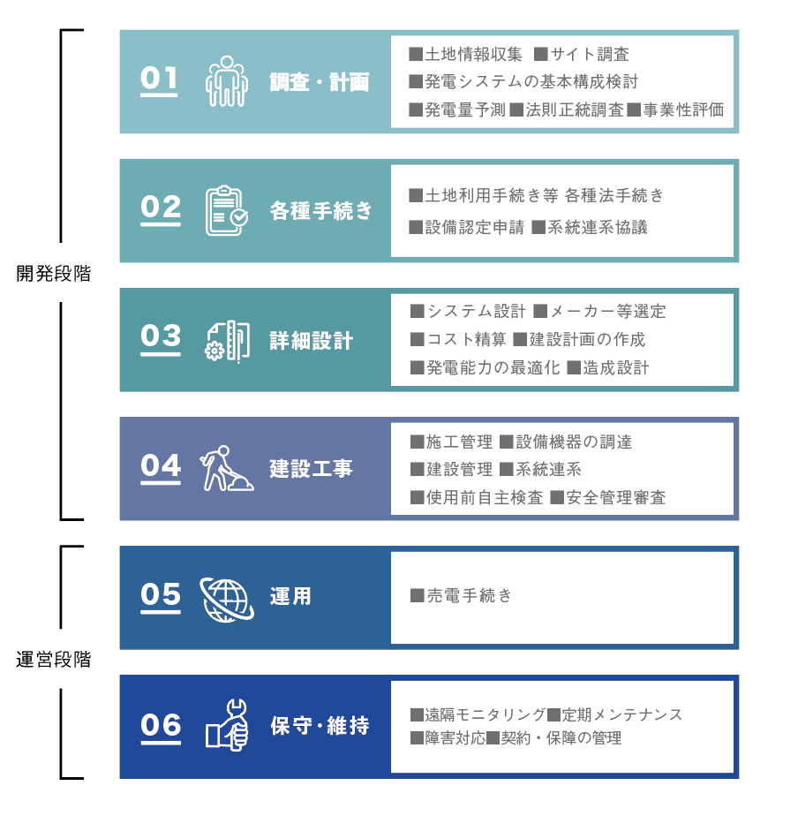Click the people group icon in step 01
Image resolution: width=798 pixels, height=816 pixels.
(226, 81)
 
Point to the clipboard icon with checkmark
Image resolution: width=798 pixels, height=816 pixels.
(227, 210)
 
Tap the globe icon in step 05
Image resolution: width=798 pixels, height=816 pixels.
(227, 599)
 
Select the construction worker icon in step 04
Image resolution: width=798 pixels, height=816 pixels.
(227, 468)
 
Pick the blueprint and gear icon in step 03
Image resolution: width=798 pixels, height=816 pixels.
(228, 341)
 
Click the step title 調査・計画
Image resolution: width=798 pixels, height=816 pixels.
(320, 82)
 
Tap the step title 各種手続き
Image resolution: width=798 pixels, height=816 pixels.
(321, 211)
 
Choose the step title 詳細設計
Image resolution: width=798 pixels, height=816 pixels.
(311, 341)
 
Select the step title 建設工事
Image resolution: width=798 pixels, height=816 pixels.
(311, 468)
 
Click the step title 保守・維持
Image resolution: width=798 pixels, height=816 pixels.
(320, 725)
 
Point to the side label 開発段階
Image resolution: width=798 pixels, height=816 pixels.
(54, 273)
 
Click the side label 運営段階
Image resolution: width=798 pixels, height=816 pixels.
(54, 660)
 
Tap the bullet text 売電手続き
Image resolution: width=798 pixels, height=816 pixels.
(470, 595)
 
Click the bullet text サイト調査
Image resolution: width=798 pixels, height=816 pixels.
(590, 54)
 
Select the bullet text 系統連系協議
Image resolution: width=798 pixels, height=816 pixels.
(598, 228)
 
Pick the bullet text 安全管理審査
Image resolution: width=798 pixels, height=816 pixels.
(616, 497)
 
